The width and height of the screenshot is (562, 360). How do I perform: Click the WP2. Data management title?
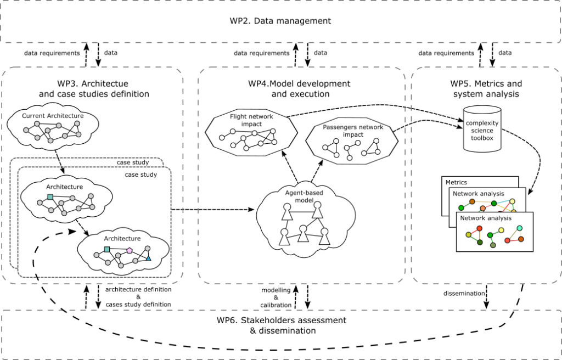click(280, 21)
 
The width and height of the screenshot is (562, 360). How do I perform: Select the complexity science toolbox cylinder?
click(482, 129)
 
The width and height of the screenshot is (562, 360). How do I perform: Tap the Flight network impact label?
click(251, 120)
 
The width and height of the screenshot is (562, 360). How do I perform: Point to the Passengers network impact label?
click(353, 131)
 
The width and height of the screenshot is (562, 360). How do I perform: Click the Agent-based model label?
click(304, 196)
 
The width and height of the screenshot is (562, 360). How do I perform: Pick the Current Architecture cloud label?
click(53, 116)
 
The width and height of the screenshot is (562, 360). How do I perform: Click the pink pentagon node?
click(130, 251)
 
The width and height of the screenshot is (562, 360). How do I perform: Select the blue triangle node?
click(148, 258)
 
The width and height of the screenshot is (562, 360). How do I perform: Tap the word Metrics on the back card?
click(456, 182)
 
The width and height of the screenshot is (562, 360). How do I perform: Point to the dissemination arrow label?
click(464, 293)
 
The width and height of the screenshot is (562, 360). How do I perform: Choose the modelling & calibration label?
click(276, 297)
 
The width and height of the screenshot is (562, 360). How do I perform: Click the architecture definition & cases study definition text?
click(138, 297)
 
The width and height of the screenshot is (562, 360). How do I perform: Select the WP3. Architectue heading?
click(93, 88)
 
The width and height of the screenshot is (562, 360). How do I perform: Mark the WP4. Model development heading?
click(299, 88)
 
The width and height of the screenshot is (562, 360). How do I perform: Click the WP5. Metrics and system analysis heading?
click(486, 88)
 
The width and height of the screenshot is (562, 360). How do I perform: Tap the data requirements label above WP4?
click(262, 53)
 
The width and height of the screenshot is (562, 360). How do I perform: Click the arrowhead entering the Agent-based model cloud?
click(251, 210)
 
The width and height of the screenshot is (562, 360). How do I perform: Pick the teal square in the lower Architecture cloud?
click(107, 249)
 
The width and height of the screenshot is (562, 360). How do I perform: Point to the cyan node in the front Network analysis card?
click(520, 228)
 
